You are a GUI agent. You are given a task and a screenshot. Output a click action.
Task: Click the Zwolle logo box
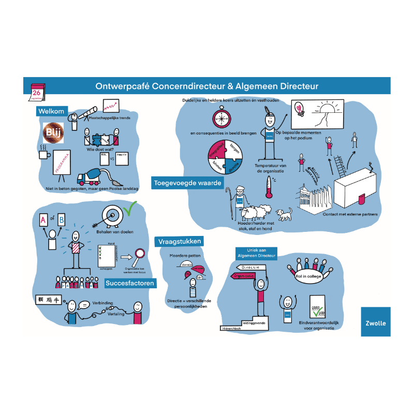click(375, 322)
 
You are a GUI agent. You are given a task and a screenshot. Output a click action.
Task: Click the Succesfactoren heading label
click(129, 283)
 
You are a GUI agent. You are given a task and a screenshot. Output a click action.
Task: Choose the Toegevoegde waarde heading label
click(187, 183)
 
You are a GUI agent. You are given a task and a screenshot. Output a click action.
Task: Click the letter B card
click(62, 219)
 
